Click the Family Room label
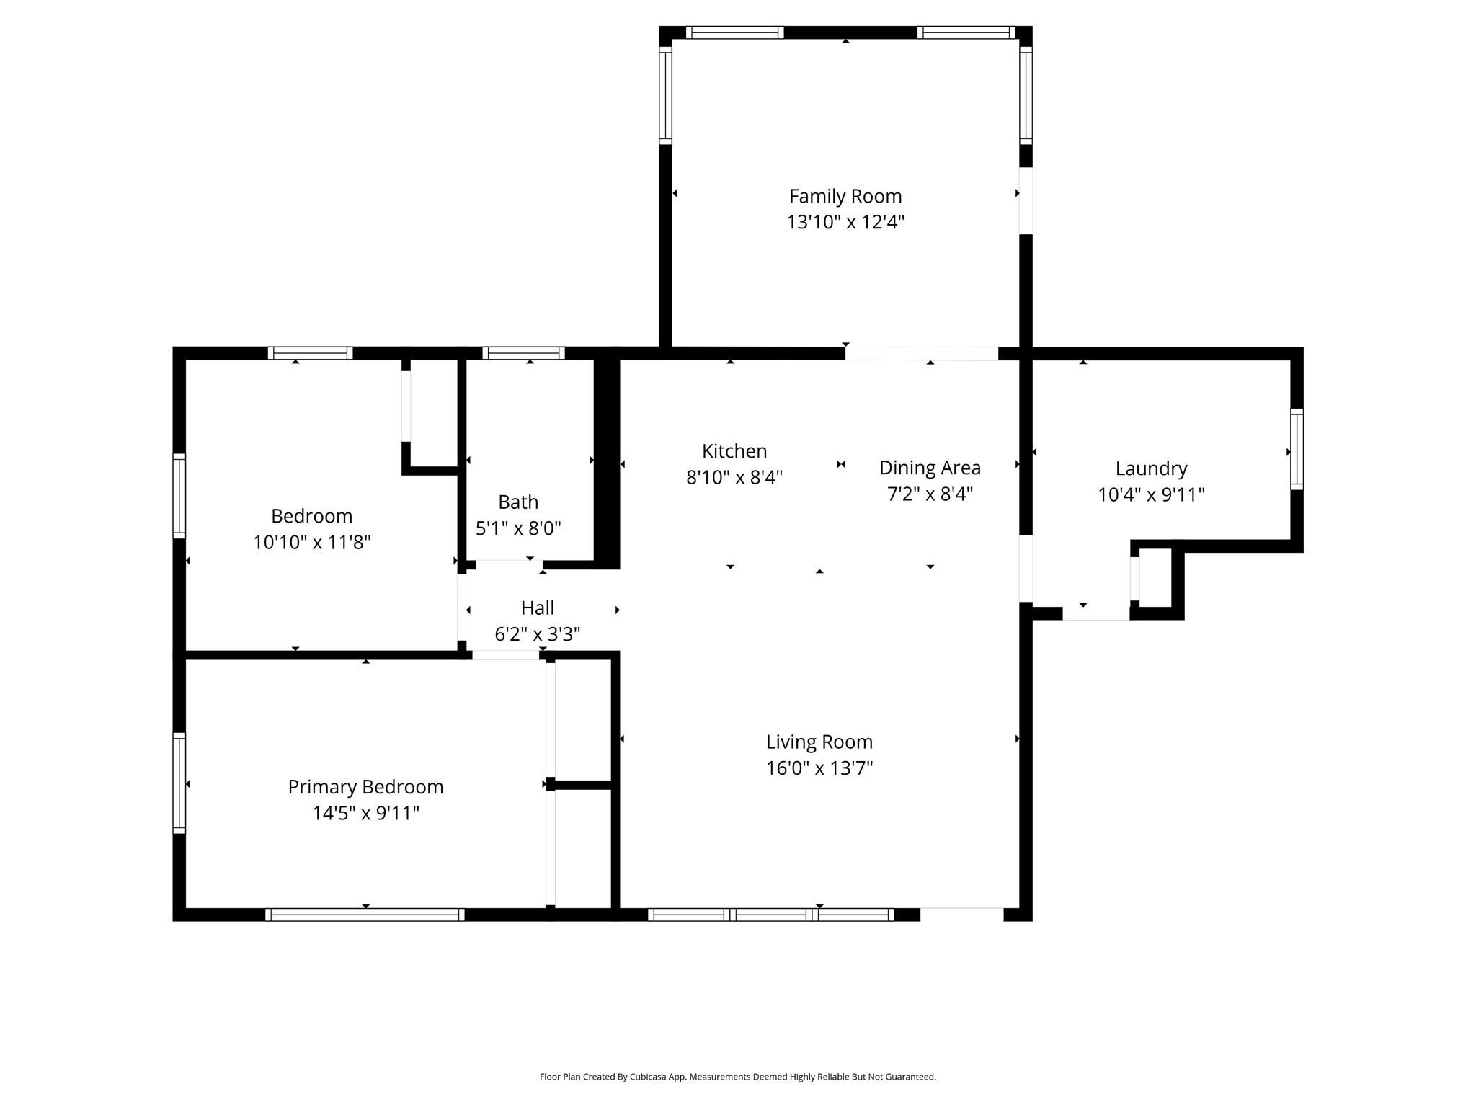[x=845, y=196]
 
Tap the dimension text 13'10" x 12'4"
[x=845, y=222]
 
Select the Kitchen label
[x=734, y=451]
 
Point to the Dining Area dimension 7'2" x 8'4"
[x=930, y=494]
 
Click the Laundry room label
[x=1151, y=468]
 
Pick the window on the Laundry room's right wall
[x=1297, y=449]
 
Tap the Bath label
[x=518, y=502]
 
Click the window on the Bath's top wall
[x=523, y=353]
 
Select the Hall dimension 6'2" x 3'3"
[x=537, y=634]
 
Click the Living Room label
[x=819, y=742]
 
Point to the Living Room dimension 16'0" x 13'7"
[x=819, y=768]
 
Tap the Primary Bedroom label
[x=365, y=787]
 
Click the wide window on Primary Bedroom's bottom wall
[x=365, y=915]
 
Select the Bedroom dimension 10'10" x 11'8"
[x=311, y=542]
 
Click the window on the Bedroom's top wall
[x=310, y=353]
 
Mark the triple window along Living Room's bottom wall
[x=770, y=915]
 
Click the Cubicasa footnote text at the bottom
[x=737, y=1077]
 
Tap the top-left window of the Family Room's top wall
[x=734, y=32]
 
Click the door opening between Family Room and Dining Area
[x=921, y=353]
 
